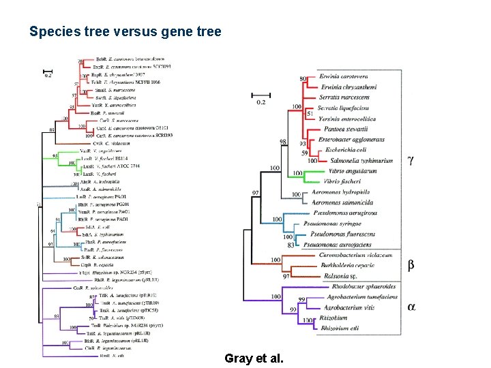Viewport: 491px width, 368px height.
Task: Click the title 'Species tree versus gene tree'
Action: click(125, 31)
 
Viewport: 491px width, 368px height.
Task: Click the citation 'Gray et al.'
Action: click(254, 358)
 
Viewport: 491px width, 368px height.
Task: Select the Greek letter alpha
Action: click(411, 307)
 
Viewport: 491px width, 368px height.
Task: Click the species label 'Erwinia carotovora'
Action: click(347, 77)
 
